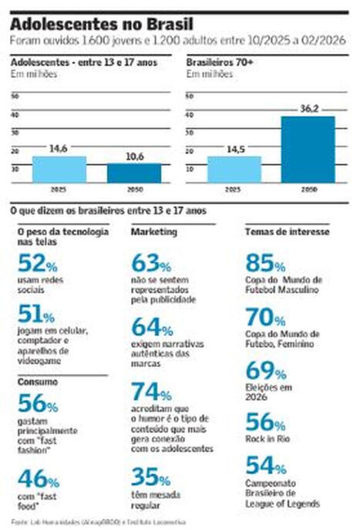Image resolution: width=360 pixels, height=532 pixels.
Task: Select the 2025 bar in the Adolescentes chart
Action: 59,169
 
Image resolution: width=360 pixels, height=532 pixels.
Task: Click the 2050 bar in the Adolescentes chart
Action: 134,173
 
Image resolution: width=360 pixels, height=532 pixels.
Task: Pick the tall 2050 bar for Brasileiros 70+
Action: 308,149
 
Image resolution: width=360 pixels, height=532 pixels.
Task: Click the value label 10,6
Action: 134,157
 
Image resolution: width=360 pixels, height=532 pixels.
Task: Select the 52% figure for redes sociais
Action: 35,263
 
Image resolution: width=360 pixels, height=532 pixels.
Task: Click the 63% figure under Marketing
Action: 150,263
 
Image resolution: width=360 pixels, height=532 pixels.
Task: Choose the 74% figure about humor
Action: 150,392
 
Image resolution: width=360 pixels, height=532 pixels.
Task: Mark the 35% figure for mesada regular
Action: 150,477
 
